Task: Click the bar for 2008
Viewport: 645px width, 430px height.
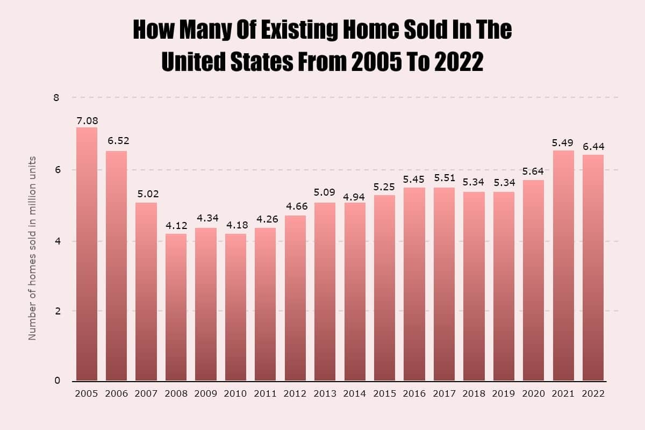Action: pos(176,307)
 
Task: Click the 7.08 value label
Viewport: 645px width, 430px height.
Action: pos(87,120)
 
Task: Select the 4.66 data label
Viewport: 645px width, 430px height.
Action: pos(295,206)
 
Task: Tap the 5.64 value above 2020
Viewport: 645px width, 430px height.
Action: pos(533,171)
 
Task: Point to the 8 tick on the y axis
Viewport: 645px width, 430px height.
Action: pos(56,98)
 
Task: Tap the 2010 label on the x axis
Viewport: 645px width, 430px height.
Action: pos(236,393)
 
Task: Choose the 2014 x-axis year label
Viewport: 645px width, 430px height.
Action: pos(355,393)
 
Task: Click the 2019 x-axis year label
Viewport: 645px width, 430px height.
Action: pos(504,393)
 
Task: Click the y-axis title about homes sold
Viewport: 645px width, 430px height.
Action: pos(32,248)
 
